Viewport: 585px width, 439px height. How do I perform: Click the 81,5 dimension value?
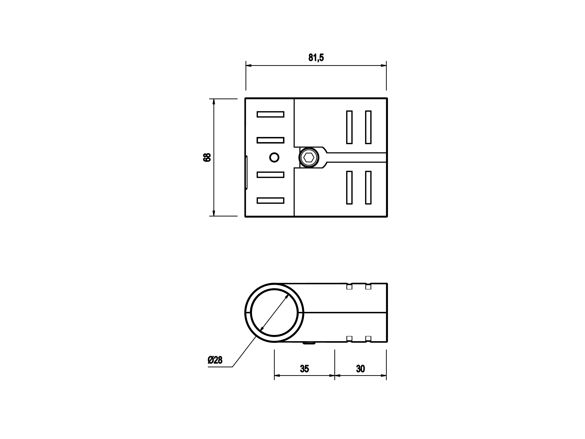pos(316,57)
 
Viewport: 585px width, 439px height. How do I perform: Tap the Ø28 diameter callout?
pos(215,360)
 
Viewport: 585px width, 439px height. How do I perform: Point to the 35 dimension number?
pos(304,369)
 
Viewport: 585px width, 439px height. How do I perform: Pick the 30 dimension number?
pos(361,369)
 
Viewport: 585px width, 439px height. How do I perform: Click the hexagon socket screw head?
pos(309,157)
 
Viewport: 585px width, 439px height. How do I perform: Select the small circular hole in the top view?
pos(274,157)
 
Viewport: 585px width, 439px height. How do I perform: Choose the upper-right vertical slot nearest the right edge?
pos(368,127)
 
